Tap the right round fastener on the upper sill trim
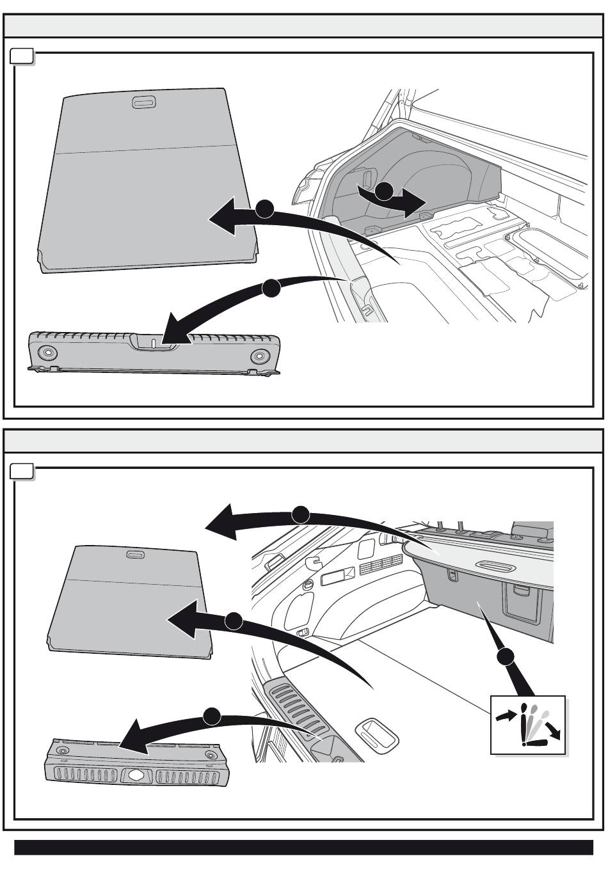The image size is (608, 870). (259, 356)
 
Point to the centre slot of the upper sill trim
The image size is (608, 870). (154, 343)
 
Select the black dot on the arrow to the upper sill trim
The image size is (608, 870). (271, 289)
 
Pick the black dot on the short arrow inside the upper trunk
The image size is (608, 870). (384, 190)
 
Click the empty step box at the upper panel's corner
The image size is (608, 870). (22, 57)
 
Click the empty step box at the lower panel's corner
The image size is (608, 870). (22, 472)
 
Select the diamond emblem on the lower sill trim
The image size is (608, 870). (138, 774)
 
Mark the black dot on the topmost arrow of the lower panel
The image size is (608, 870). (301, 514)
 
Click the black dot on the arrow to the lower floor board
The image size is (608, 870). (234, 621)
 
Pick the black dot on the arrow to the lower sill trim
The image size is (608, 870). (212, 716)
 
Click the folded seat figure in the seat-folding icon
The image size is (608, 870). (536, 742)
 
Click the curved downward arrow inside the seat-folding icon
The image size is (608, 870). (554, 729)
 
